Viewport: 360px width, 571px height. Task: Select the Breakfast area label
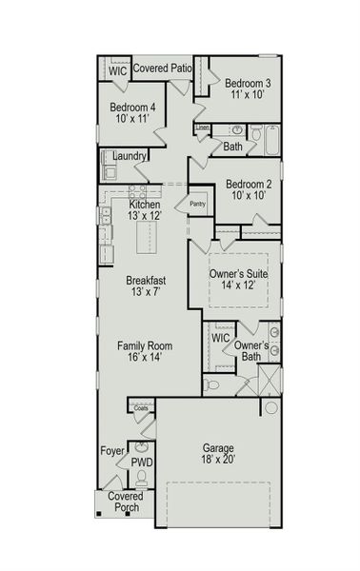click(x=146, y=281)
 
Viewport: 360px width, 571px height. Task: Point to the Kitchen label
click(x=145, y=205)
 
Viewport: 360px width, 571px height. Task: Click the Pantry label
click(x=198, y=203)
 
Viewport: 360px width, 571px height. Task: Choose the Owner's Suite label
click(x=238, y=274)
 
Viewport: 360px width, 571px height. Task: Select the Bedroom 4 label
click(x=132, y=108)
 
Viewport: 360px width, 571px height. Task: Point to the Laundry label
click(x=129, y=156)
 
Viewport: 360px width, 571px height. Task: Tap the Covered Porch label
click(x=125, y=502)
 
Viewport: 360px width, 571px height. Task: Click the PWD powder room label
click(x=141, y=463)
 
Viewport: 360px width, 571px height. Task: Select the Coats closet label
click(x=141, y=408)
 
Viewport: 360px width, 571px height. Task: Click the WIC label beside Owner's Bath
click(x=220, y=338)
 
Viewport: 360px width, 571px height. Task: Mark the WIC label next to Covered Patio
click(x=117, y=71)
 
